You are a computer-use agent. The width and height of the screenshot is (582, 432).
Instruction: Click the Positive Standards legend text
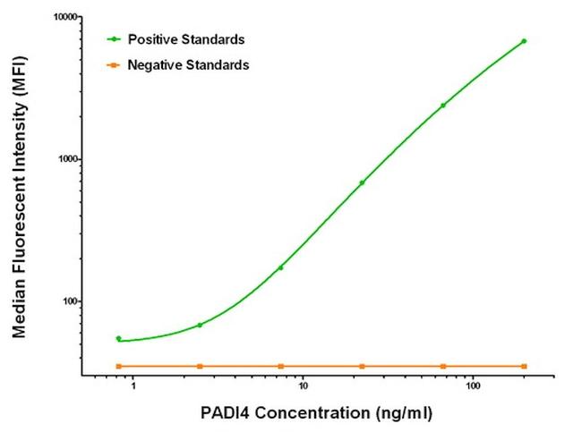tap(186, 39)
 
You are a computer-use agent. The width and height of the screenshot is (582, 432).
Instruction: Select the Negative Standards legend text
tap(188, 65)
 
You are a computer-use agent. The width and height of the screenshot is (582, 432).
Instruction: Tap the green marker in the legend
tap(113, 39)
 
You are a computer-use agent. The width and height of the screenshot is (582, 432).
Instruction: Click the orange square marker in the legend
tap(113, 65)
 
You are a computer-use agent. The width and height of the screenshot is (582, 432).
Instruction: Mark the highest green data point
tap(524, 41)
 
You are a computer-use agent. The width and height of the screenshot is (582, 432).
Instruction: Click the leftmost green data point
tap(118, 338)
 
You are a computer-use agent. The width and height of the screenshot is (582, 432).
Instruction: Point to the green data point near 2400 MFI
tap(442, 106)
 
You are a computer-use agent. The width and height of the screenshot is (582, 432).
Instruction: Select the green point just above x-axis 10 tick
tap(280, 267)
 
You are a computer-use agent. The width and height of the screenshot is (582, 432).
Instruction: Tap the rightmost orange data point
tap(524, 366)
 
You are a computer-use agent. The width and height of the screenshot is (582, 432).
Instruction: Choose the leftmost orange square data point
tap(118, 366)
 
